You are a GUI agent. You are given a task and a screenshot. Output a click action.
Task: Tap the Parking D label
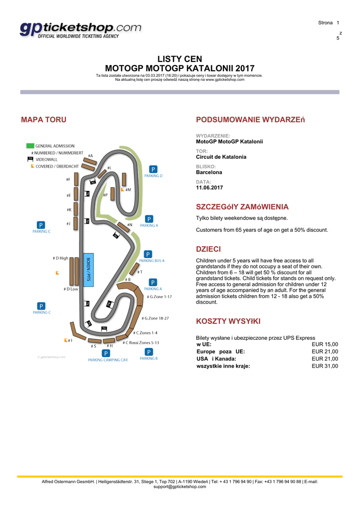point(153,176)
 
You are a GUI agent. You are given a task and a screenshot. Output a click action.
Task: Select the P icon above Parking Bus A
point(148,254)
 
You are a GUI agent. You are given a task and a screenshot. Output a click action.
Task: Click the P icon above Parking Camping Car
point(106,353)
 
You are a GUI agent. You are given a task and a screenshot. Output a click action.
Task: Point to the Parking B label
point(148,358)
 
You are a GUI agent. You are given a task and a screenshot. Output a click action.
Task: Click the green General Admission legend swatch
point(30,146)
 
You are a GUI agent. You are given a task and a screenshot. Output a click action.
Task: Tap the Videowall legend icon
point(30,159)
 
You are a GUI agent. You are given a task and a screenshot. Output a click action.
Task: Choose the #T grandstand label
point(140,272)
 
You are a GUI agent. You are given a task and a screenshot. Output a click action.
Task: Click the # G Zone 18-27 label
point(155,318)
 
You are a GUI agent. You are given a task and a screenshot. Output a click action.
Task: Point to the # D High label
point(60,258)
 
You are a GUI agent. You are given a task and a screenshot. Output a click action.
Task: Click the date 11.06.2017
point(210,188)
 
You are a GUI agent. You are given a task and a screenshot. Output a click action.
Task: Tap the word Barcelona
point(209,173)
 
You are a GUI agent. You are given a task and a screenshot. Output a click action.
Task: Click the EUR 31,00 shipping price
point(325,366)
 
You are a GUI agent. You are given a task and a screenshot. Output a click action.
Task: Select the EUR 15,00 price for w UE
point(325,344)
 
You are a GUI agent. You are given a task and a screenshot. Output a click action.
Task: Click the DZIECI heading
point(209,249)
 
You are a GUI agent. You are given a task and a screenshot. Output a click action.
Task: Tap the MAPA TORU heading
point(44,120)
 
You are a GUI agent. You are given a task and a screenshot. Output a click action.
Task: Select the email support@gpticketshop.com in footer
point(180,487)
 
